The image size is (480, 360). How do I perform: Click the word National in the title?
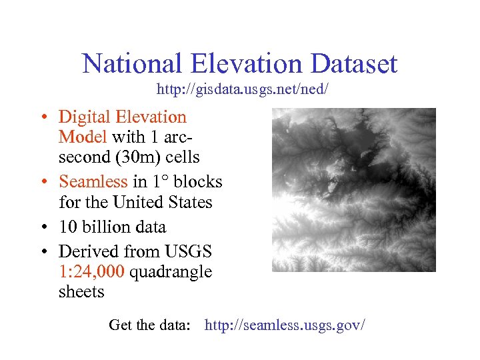click(x=131, y=64)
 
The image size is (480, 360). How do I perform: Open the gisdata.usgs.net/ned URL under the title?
click(x=243, y=89)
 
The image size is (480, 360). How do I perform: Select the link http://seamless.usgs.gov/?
click(x=285, y=325)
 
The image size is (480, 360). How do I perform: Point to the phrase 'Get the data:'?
click(x=150, y=325)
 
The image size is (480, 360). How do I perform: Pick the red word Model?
click(x=83, y=137)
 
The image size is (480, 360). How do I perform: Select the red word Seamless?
click(x=93, y=181)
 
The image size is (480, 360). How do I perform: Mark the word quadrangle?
click(x=171, y=272)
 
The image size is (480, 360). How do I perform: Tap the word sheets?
click(x=81, y=292)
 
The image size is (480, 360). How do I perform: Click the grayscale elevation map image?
click(x=353, y=190)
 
